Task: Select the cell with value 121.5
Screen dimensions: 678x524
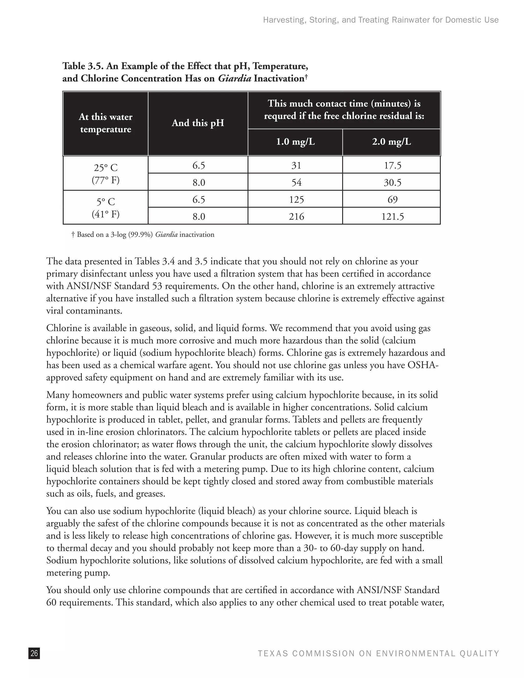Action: coord(392,216)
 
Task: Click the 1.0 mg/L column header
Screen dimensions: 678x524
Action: coord(295,142)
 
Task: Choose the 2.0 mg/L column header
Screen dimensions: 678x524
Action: coord(391,142)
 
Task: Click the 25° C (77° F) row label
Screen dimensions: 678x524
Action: coord(106,173)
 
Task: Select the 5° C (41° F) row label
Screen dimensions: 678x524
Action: coord(106,208)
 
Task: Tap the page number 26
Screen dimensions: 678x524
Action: coord(34,653)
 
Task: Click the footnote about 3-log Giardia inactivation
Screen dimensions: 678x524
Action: coord(143,235)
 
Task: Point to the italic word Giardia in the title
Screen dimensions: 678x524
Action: coord(234,78)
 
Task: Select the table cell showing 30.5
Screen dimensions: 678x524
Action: coord(392,182)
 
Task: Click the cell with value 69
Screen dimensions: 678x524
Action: coord(392,199)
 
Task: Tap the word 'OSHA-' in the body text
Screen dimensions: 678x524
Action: coord(422,365)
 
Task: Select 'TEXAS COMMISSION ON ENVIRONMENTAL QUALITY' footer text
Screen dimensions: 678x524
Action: coord(378,653)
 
